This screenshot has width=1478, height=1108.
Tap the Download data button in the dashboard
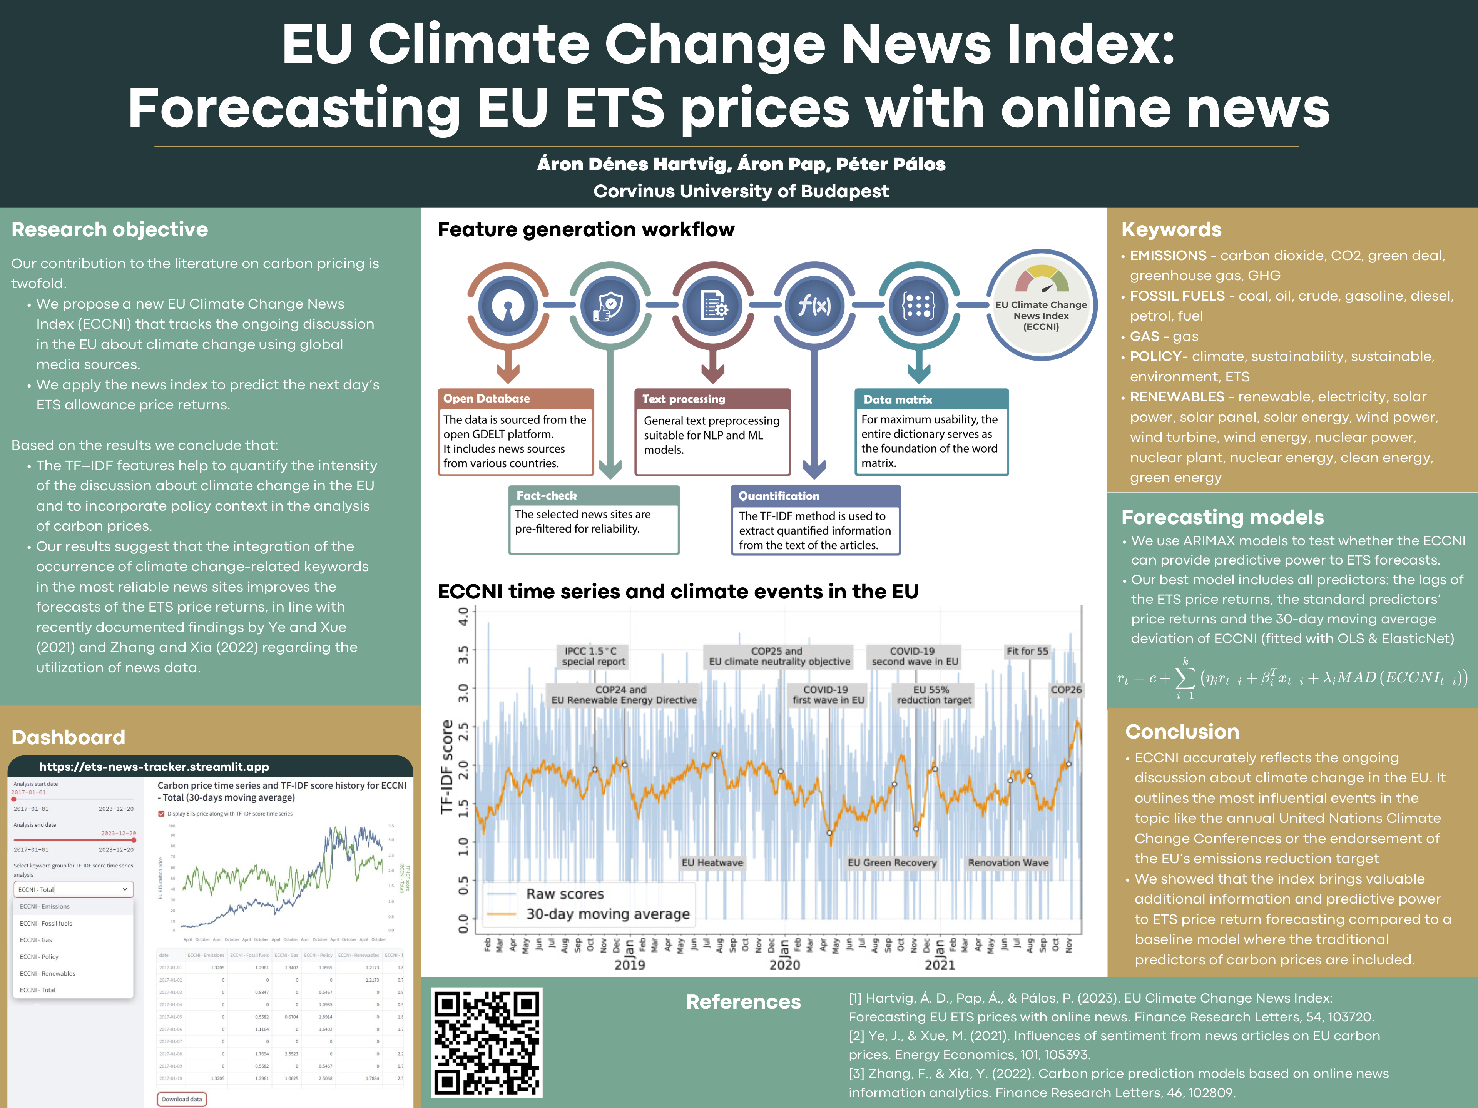pyautogui.click(x=182, y=1099)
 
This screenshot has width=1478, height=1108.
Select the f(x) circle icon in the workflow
pyautogui.click(x=814, y=306)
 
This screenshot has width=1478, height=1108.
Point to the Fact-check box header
pyautogui.click(x=594, y=495)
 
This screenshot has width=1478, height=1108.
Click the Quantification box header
pyautogui.click(x=815, y=496)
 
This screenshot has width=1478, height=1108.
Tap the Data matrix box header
pyautogui.click(x=931, y=399)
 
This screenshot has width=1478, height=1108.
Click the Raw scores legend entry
pyautogui.click(x=565, y=894)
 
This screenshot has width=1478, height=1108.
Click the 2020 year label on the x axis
pyautogui.click(x=784, y=965)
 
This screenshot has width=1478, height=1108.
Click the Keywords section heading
pyautogui.click(x=1170, y=229)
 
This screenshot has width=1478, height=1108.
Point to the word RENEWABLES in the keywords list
pyautogui.click(x=1177, y=397)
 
